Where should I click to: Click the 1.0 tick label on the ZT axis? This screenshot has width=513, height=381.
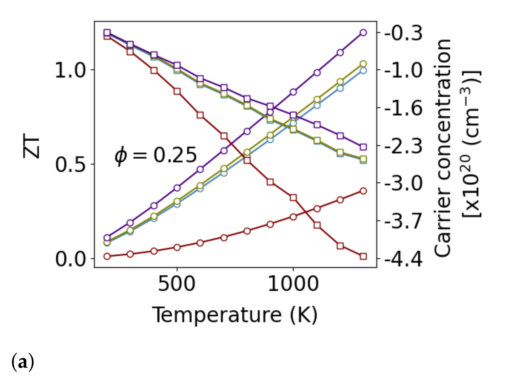(70, 70)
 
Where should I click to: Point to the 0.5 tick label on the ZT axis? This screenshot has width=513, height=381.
(70, 164)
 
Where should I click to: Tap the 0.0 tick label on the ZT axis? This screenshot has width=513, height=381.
(70, 259)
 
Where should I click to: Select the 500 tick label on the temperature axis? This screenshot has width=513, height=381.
(177, 284)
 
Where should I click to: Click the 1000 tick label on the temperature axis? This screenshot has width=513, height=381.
(293, 284)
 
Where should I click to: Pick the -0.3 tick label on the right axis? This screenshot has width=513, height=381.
(403, 33)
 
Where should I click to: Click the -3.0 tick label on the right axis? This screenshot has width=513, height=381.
(403, 183)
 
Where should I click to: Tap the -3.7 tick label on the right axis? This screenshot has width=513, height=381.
(403, 221)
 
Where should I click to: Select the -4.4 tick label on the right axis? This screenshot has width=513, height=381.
(403, 259)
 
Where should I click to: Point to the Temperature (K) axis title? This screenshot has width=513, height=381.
(235, 315)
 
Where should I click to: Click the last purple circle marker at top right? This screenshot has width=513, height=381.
(363, 33)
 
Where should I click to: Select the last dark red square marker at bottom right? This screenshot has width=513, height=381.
(363, 256)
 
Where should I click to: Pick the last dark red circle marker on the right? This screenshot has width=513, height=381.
(363, 191)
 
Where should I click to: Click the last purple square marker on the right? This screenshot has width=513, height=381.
(363, 147)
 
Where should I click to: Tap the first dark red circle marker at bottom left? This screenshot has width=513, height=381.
(107, 256)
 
